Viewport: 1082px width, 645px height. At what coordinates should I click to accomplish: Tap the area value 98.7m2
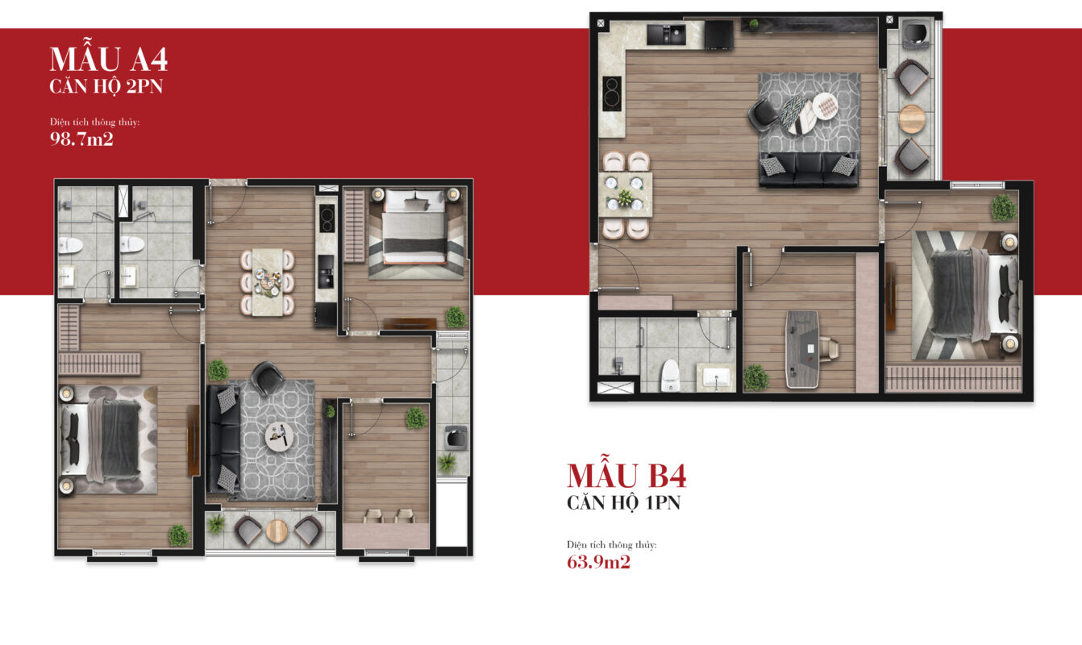[x=81, y=139]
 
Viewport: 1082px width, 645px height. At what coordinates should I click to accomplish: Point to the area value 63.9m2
[x=598, y=562]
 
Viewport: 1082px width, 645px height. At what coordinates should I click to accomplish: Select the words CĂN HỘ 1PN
[x=623, y=503]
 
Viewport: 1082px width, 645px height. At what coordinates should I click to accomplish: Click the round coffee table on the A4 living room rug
[x=279, y=436]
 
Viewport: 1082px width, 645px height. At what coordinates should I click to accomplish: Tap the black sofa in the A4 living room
[x=223, y=439]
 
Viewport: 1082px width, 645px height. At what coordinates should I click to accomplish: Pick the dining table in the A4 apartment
[x=267, y=282]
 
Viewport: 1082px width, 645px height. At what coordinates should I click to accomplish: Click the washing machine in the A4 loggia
[x=455, y=438]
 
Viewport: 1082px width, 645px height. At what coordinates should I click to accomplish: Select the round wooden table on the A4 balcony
[x=277, y=531]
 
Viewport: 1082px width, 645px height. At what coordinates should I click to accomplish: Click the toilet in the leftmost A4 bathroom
[x=70, y=245]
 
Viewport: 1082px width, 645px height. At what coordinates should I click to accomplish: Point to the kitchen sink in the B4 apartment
[x=666, y=35]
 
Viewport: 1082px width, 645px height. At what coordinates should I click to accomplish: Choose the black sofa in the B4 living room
[x=808, y=170]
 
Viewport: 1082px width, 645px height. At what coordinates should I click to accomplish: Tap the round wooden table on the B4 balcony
[x=912, y=119]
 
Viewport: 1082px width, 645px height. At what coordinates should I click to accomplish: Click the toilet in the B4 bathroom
[x=670, y=376]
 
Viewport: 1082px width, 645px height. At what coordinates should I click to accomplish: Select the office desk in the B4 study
[x=802, y=349]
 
